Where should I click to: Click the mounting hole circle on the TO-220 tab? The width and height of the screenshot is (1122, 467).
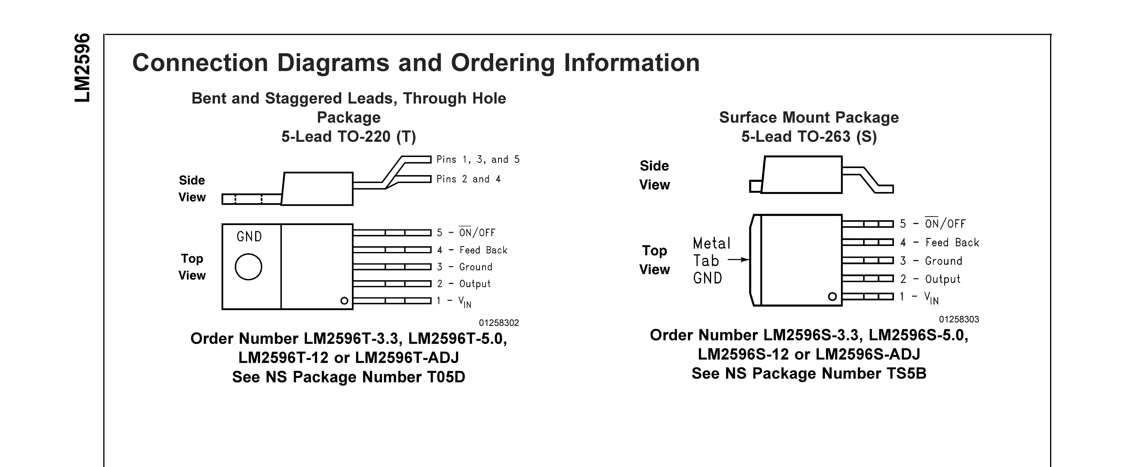tap(248, 267)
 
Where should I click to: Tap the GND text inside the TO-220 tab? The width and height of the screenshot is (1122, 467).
tap(249, 237)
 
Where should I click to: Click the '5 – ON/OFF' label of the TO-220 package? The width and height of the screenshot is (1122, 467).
tap(466, 233)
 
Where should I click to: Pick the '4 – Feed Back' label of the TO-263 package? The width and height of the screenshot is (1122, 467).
tap(940, 242)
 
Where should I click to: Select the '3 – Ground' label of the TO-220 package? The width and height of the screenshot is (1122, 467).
tap(465, 267)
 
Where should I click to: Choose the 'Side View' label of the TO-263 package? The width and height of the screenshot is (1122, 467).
tap(654, 175)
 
